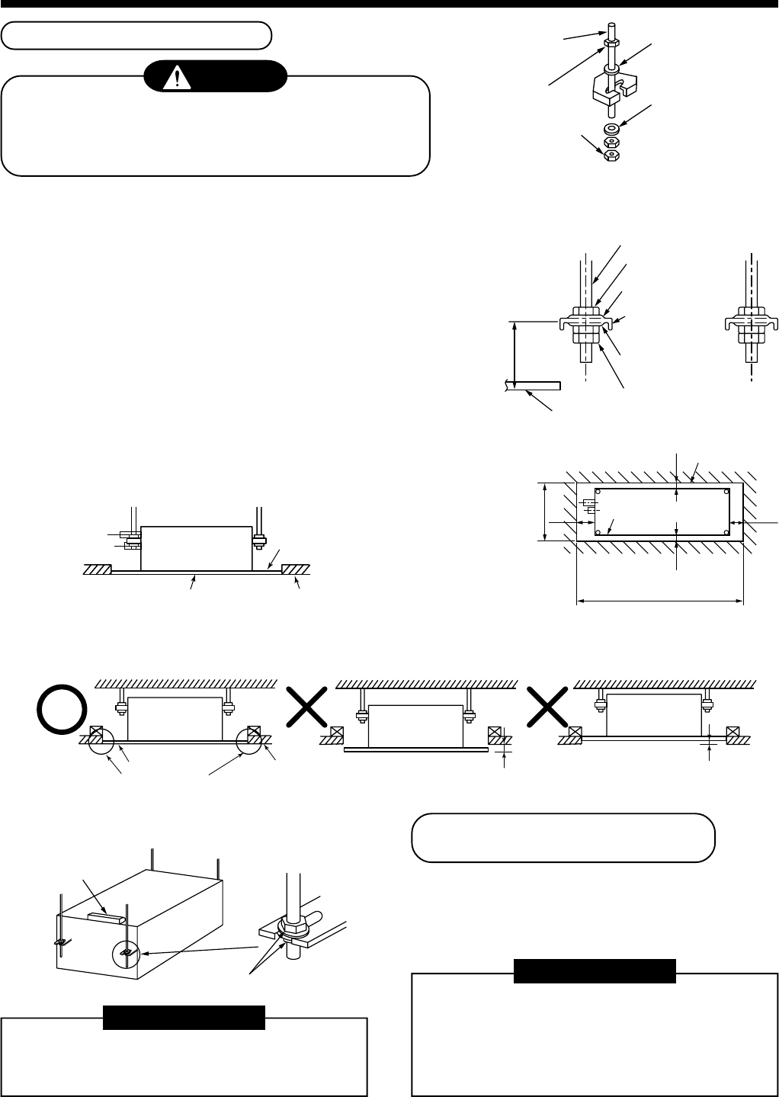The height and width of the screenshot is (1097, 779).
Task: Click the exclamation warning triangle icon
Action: point(176,76)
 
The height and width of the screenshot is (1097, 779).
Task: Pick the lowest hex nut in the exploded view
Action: point(611,155)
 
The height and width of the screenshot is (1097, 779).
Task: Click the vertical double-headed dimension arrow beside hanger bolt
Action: point(516,354)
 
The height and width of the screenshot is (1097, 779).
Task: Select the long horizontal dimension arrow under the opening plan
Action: point(659,602)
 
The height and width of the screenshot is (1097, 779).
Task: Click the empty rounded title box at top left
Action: point(137,35)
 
